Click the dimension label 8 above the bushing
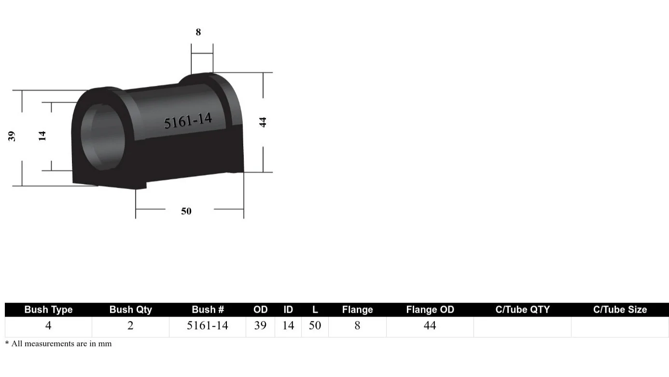click(x=198, y=32)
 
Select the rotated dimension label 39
click(x=12, y=136)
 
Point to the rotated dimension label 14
click(x=42, y=136)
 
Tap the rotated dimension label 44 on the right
click(x=263, y=122)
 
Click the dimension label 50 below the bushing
click(x=186, y=211)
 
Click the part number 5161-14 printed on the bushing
click(x=188, y=121)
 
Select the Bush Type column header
click(x=48, y=310)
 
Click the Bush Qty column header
click(x=130, y=310)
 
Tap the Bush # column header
click(x=208, y=310)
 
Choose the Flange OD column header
click(x=430, y=310)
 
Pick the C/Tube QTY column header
click(x=522, y=310)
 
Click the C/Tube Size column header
click(x=620, y=310)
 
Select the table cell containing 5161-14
click(x=208, y=326)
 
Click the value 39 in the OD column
click(x=260, y=326)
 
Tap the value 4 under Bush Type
click(x=48, y=326)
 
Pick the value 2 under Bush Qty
click(x=130, y=326)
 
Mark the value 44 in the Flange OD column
click(x=430, y=326)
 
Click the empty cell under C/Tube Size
click(x=620, y=327)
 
